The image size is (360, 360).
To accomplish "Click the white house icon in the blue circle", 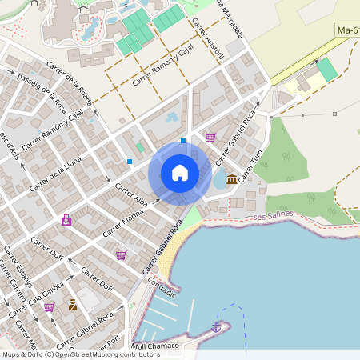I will pyautogui.click(x=180, y=172).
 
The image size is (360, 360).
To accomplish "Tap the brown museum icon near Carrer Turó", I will pyautogui.click(x=231, y=178).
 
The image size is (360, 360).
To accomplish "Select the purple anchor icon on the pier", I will pyautogui.click(x=215, y=326).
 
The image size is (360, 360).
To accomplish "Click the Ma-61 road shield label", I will pyautogui.click(x=347, y=30).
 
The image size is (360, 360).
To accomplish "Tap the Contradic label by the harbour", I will pyautogui.click(x=161, y=292).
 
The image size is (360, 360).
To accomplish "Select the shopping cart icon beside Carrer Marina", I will pyautogui.click(x=120, y=255).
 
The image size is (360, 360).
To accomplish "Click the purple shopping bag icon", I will pyautogui.click(x=66, y=220).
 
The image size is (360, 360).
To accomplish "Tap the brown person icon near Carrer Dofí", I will pyautogui.click(x=73, y=305).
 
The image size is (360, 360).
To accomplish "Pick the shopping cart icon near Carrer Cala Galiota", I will pyautogui.click(x=49, y=307).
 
